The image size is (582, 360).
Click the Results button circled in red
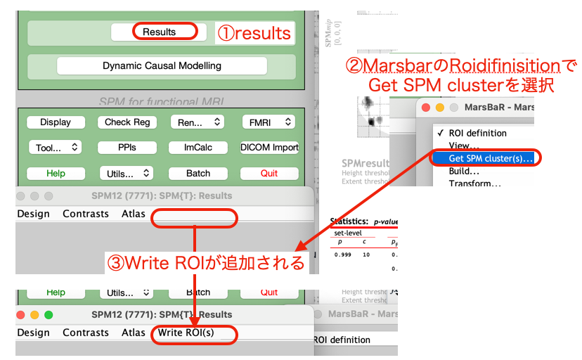point(159,32)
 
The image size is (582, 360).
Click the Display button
point(56,122)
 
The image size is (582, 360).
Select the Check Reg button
point(127,122)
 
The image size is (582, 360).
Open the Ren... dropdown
point(197,122)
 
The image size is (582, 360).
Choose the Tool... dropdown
point(56,148)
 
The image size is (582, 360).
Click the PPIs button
point(127,148)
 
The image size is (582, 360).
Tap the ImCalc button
point(198,148)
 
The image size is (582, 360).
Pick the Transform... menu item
point(474,184)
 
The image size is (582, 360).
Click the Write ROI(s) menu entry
point(186,333)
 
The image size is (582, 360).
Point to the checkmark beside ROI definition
point(440,133)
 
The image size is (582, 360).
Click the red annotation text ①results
point(253,33)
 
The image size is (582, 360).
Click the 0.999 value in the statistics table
point(343,254)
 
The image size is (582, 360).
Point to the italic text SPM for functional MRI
point(162,101)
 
